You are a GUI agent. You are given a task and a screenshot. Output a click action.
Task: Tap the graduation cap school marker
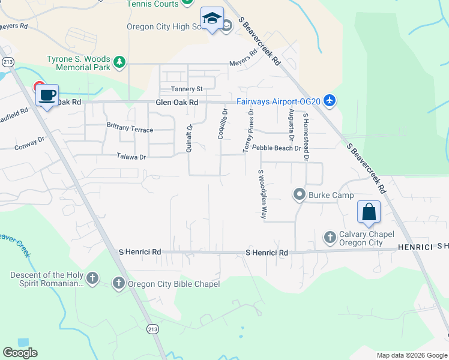[211, 19]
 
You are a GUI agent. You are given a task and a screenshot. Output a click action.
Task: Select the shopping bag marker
[369, 212]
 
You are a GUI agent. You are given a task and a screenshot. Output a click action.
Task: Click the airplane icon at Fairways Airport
[328, 101]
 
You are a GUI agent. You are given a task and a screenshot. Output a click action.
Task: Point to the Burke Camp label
[331, 195]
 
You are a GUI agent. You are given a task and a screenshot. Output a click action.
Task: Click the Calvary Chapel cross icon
[330, 238]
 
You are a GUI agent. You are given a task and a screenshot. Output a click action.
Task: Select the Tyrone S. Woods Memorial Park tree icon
[120, 62]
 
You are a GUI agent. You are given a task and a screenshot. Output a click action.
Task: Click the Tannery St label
[187, 89]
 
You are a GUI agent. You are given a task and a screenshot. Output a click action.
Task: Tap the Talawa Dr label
[131, 156]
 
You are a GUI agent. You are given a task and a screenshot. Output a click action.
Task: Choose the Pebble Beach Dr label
[276, 148]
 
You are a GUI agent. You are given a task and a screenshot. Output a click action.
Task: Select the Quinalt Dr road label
[189, 138]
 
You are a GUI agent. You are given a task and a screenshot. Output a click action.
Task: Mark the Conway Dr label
[30, 143]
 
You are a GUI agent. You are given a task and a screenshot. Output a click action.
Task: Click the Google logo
[20, 353]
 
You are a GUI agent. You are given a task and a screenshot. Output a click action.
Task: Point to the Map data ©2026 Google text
[412, 355]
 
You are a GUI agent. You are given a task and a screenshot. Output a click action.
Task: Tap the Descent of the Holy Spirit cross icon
[92, 278]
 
